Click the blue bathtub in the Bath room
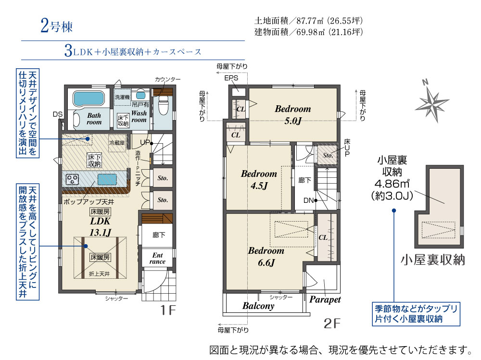click(89, 99)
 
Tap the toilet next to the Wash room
click(163, 105)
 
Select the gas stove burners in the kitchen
click(73, 179)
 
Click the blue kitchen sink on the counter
click(107, 179)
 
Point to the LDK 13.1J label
click(101, 226)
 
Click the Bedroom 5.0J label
click(292, 114)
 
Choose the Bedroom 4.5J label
click(259, 179)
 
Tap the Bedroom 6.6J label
click(266, 256)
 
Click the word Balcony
click(258, 306)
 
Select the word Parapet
click(325, 299)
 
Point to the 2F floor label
click(332, 323)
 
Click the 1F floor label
click(168, 310)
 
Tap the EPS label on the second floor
click(231, 78)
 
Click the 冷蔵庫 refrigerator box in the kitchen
click(117, 143)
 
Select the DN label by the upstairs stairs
click(309, 200)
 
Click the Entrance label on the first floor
click(157, 258)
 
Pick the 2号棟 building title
click(56, 26)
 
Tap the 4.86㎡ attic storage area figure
click(392, 184)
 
